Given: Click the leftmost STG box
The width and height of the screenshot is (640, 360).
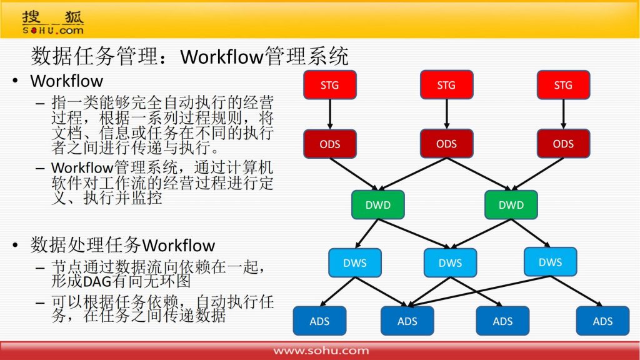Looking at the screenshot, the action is coord(330,85).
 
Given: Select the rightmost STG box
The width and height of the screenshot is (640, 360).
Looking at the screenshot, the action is coord(563,85).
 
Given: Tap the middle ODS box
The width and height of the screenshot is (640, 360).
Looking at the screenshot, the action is coord(446,144).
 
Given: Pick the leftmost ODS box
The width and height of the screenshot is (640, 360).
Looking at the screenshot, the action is coord(330,144).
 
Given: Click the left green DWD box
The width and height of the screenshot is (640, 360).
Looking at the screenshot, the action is coord(378,204).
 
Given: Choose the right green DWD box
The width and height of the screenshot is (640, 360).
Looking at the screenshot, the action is coord(511,204).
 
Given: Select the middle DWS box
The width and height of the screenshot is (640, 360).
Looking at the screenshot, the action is coord(450,263).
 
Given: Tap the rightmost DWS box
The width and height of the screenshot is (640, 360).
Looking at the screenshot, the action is coord(550,262).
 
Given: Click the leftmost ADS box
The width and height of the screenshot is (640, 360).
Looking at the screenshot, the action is coord(319,321).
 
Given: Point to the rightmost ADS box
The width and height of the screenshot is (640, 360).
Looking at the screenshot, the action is coord(603,321).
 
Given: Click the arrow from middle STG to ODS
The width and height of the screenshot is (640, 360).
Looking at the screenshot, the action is coord(446,114).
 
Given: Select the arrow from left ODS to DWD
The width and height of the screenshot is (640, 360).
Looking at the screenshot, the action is coord(354,174).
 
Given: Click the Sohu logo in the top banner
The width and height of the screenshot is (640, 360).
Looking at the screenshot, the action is coord(53,23).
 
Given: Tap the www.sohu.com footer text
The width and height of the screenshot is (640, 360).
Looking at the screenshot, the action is coord(321,351).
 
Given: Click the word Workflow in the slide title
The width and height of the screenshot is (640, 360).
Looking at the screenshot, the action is coord(222,57).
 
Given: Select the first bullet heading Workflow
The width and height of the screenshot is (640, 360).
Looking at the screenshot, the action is coord(66,81).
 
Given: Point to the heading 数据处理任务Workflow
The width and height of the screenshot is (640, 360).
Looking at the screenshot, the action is coord(122,245).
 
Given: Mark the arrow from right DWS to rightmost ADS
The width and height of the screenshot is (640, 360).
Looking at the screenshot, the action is coord(576,291).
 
